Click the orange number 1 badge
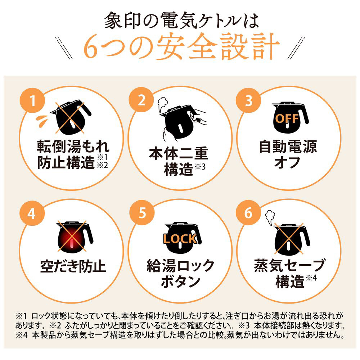pos(32,100)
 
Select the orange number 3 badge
pos(249,100)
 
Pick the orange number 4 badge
pos(32,213)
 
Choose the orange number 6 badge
pos(249,213)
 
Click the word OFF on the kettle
pos(287,118)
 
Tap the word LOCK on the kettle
pos(180,239)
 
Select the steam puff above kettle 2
pos(162,104)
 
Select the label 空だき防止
pos(73,266)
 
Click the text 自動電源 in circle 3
pos(288,147)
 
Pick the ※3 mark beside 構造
pos(200,167)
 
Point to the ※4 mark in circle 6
pos(311,278)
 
